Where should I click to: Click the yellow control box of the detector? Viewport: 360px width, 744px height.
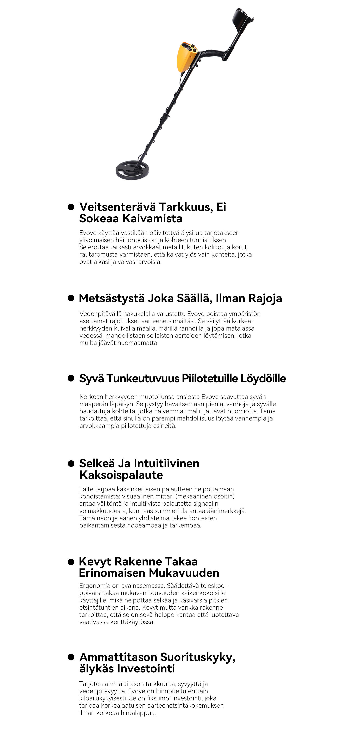point(186,57)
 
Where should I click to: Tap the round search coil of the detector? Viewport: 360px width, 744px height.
point(133,170)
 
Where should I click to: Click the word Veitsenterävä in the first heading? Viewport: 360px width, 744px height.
point(118,207)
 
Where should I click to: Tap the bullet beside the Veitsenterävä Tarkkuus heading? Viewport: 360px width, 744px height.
point(71,207)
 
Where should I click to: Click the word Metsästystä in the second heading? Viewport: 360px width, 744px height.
point(112,298)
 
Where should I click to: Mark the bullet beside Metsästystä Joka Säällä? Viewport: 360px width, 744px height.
point(71,298)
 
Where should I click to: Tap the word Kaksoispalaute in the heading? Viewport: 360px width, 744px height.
point(121,475)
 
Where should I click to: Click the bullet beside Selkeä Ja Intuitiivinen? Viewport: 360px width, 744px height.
point(71,463)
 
